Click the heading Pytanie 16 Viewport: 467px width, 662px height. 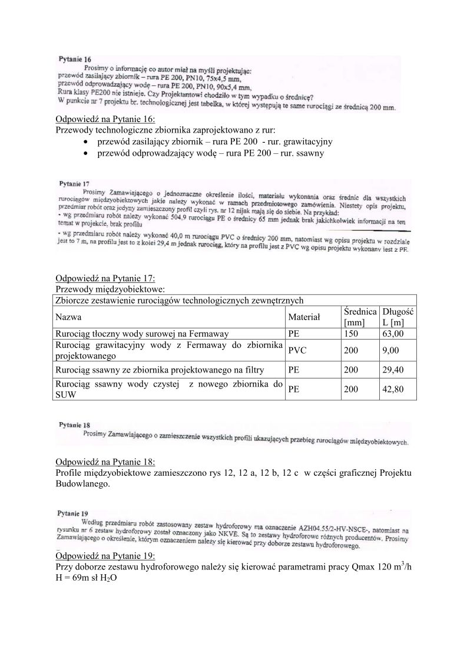tap(75, 60)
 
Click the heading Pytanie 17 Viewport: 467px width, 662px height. tap(74, 183)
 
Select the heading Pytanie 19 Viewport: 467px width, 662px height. tap(73, 513)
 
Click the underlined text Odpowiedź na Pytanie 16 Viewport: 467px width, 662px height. tap(104, 119)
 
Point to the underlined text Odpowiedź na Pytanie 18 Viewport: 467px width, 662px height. tap(104, 462)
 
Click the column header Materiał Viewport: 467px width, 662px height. tap(304, 317)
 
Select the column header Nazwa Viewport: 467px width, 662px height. tap(68, 317)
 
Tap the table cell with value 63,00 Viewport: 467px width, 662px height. tap(393, 333)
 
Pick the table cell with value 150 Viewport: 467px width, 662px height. tap(349, 333)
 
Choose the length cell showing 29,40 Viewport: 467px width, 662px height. tap(393, 370)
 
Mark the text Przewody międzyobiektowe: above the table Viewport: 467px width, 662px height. tap(110, 289)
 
